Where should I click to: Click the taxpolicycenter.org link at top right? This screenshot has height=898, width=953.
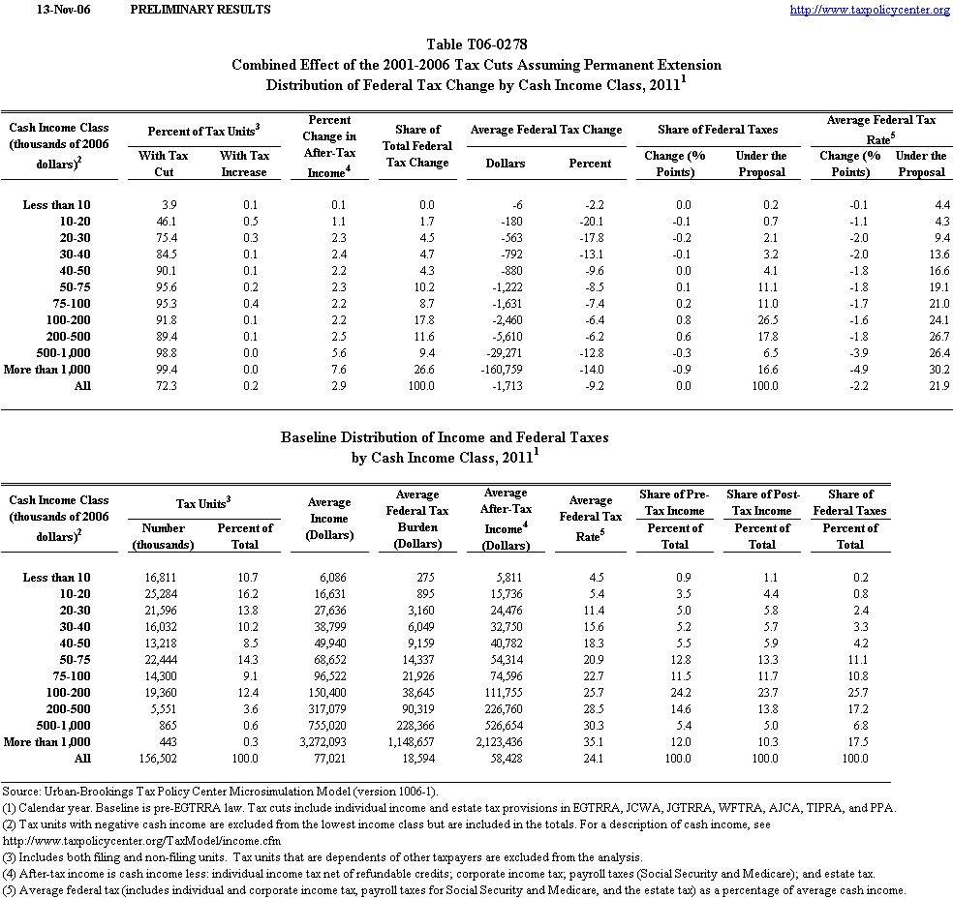click(x=870, y=10)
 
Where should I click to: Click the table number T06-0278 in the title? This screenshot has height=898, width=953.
click(x=476, y=45)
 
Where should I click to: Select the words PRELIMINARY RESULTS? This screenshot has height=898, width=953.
click(x=200, y=10)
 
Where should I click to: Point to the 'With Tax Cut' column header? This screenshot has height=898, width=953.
click(x=164, y=164)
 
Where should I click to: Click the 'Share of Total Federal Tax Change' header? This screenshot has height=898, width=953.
click(x=417, y=146)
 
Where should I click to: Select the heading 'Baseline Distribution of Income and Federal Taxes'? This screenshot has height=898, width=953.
click(x=445, y=437)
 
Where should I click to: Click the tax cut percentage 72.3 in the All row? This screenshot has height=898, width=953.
click(x=163, y=385)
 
